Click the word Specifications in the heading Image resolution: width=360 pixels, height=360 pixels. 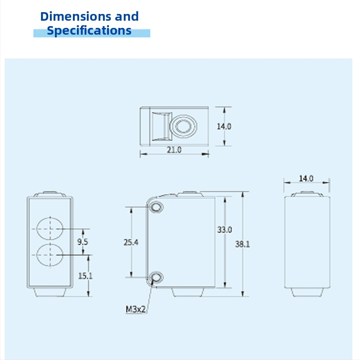pos(89,31)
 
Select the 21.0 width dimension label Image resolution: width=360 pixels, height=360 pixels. pos(174,150)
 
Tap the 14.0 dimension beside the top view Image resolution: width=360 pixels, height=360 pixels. pos(224,126)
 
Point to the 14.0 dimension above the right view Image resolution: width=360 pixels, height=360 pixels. pos(306,178)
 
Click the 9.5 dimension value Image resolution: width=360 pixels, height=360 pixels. pos(82,242)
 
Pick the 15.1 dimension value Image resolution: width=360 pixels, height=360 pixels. pos(85,276)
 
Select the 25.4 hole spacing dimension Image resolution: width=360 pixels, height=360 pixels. pos(131,242)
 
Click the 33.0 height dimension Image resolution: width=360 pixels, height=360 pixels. pos(225,229)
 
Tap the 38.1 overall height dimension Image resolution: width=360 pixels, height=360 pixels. pos(243,244)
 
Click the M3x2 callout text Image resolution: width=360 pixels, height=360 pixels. pos(136,310)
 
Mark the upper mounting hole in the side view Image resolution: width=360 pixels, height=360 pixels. pos(156,207)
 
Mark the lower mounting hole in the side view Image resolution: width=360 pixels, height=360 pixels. pos(156,277)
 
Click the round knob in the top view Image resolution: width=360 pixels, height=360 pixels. pos(183,126)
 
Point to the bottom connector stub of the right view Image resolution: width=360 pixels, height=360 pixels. pos(307,292)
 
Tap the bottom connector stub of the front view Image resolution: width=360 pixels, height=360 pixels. pos(50,292)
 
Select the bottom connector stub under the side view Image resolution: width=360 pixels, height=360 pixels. pos(188,292)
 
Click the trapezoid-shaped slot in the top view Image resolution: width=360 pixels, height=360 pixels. pos(162,126)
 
